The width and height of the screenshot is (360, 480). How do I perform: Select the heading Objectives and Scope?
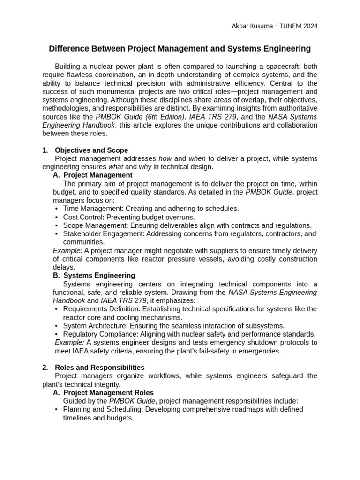tap(91, 150)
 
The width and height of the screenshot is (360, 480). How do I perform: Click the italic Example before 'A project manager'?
tap(67, 251)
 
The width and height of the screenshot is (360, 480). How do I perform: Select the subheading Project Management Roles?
tap(108, 393)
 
